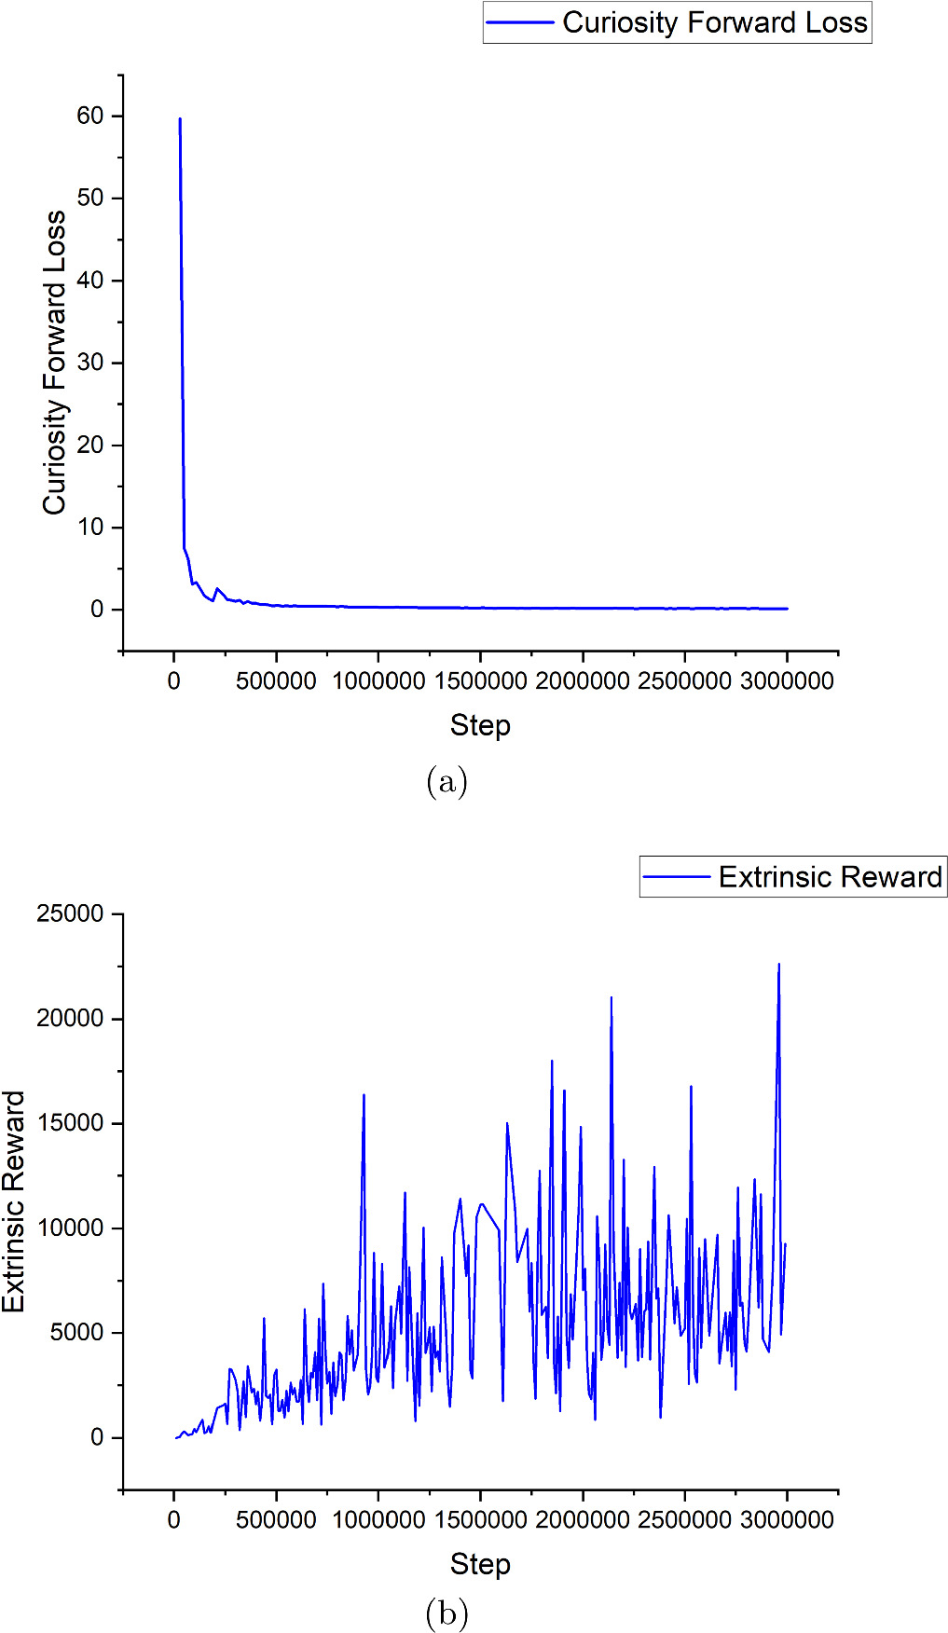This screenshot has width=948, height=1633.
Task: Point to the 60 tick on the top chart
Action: [90, 116]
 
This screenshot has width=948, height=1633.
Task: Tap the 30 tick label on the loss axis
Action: [90, 363]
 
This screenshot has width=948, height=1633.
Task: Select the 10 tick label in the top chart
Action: [90, 527]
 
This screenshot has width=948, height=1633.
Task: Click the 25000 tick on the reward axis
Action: [70, 913]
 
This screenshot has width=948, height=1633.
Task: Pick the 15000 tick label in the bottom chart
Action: [70, 1123]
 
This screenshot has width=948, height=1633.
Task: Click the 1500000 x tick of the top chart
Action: [480, 681]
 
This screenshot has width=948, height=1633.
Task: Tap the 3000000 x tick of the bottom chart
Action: [787, 1520]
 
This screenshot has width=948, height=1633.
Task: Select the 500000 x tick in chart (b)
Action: [276, 1520]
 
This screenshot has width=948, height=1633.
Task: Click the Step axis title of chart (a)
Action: [480, 725]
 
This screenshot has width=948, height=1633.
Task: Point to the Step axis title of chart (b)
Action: [480, 1564]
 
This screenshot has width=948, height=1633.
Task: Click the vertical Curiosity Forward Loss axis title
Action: [54, 362]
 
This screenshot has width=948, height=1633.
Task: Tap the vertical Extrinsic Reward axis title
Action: [14, 1201]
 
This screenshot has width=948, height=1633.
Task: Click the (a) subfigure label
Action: [447, 781]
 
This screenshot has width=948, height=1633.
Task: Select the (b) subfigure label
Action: [447, 1612]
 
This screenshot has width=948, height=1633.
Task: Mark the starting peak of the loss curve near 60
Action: [180, 119]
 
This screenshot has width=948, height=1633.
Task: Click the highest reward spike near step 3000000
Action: [779, 966]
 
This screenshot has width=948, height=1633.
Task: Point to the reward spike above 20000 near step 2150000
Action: [611, 998]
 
